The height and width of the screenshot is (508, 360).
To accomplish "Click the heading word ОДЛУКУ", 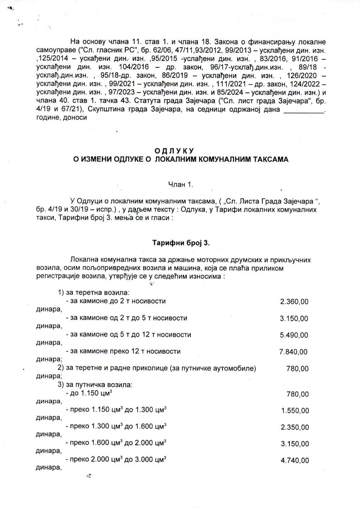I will (x=174, y=151).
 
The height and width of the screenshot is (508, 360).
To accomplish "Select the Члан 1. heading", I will (x=181, y=185).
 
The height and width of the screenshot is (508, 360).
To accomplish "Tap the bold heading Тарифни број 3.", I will (x=181, y=243).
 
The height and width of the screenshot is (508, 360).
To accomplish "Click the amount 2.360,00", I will (x=294, y=302).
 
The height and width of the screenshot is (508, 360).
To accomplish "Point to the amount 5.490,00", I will (x=294, y=335).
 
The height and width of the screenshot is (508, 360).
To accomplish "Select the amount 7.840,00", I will (x=293, y=352).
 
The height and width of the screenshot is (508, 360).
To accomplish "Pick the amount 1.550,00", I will (x=295, y=411).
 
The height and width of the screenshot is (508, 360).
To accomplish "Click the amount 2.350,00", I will (x=295, y=427).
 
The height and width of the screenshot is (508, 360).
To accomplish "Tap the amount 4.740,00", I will (x=295, y=460).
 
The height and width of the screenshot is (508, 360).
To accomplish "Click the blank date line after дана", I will (x=304, y=110).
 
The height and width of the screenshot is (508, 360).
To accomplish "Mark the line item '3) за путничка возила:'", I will (x=95, y=385).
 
